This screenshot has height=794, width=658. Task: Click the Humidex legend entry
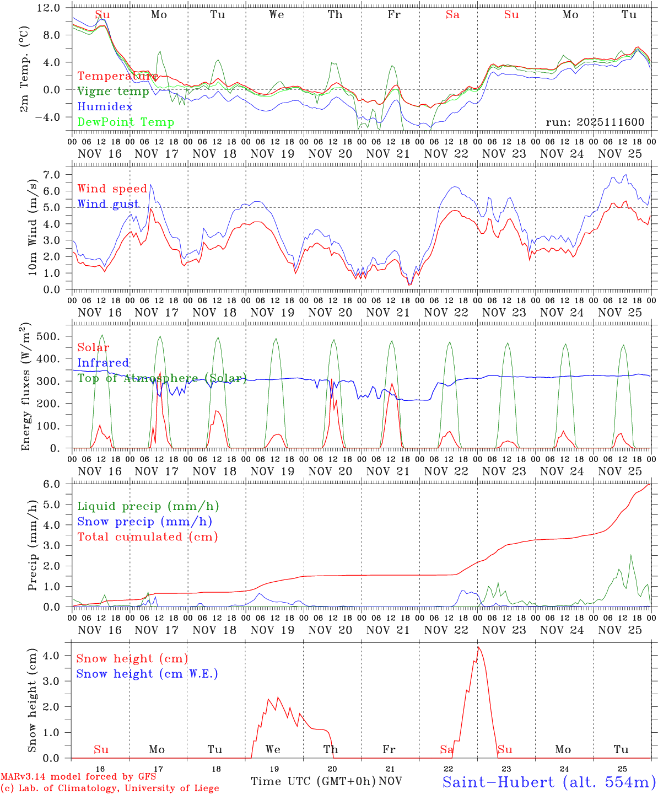[x=105, y=107]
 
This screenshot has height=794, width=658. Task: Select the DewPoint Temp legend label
[x=126, y=122]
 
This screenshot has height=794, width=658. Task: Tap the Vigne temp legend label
[x=113, y=92]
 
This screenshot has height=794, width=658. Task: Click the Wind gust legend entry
[x=108, y=204]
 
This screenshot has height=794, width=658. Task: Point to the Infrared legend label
[x=103, y=363]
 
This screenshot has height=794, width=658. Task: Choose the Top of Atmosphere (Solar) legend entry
[x=161, y=378]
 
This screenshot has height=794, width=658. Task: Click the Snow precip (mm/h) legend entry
[x=144, y=522]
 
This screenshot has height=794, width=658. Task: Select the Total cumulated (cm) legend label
[x=147, y=537]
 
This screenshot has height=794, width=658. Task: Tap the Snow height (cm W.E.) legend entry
[x=147, y=674]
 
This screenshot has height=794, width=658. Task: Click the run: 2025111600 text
[x=595, y=122]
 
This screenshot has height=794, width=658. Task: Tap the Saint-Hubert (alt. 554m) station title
[x=548, y=782]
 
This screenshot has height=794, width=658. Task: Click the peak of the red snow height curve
[x=478, y=647]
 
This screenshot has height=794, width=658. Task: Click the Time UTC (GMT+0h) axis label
[x=313, y=781]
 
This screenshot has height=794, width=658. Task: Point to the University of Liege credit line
[x=110, y=788]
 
